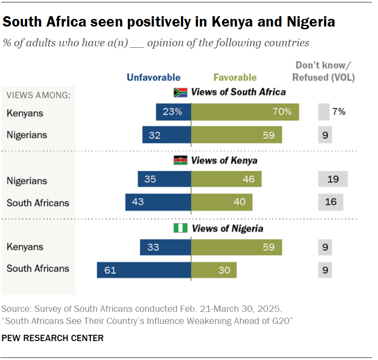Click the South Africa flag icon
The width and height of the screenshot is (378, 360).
click(180, 92)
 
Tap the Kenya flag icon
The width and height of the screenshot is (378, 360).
click(180, 161)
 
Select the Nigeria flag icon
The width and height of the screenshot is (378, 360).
click(180, 229)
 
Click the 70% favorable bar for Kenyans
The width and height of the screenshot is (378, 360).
click(245, 112)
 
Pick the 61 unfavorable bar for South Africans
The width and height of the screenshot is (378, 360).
click(144, 270)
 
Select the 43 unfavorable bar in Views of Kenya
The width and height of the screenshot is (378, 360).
click(158, 202)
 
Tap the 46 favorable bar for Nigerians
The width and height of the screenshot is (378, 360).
click(226, 180)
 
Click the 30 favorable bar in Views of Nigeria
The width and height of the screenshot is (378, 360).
click(214, 270)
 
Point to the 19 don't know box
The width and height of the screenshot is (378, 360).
click(333, 180)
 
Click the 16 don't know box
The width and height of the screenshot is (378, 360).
click(330, 202)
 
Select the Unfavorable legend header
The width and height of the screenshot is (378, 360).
click(153, 78)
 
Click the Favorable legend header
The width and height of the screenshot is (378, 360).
click(235, 78)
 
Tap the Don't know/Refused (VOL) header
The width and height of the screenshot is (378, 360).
click(324, 71)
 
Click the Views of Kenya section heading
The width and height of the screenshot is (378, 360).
click(224, 161)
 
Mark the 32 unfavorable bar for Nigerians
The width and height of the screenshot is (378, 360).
click(166, 135)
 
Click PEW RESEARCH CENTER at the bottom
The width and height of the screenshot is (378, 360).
click(53, 338)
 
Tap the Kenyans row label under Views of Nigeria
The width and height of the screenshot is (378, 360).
click(25, 247)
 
